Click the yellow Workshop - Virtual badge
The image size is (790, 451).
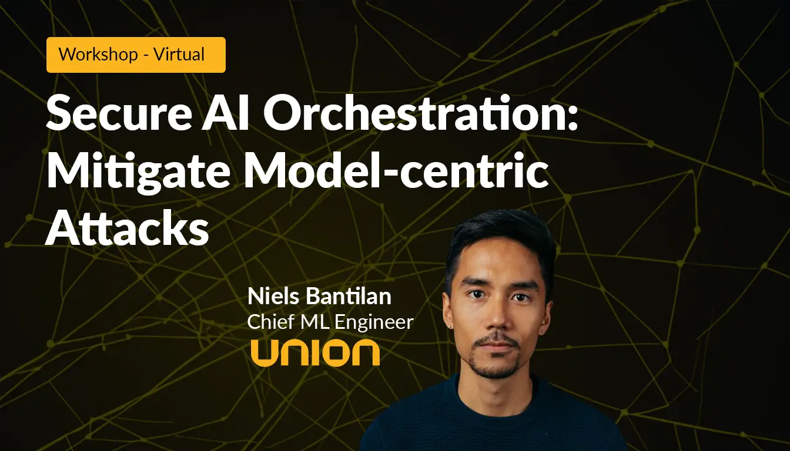(x=136, y=55)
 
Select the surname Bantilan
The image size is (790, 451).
(x=349, y=296)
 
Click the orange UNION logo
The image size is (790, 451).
(x=315, y=353)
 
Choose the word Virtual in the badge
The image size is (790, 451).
(x=179, y=55)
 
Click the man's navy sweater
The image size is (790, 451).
(x=494, y=420)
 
